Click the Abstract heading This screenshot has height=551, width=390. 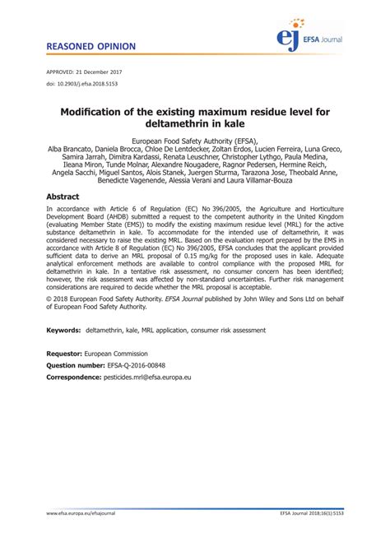[x=63, y=197]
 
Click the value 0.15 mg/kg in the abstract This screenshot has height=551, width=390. [x=242, y=256]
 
